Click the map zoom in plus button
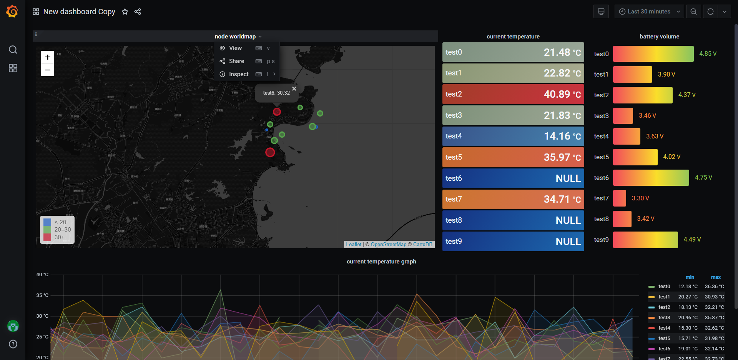47,57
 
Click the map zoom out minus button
47,70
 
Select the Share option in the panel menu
236,61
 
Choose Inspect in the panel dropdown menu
238,74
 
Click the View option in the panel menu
235,48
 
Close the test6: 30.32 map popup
294,89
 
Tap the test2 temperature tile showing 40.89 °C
513,94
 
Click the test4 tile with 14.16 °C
513,136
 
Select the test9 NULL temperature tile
513,242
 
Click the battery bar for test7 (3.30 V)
619,198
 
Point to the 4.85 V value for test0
708,54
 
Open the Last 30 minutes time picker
649,12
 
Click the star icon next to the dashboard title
125,12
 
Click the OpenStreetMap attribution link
388,245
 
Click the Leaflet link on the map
353,245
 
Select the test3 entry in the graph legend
664,318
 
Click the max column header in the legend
715,277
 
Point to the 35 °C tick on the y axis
42,295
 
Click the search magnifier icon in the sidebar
13,50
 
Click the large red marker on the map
270,152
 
